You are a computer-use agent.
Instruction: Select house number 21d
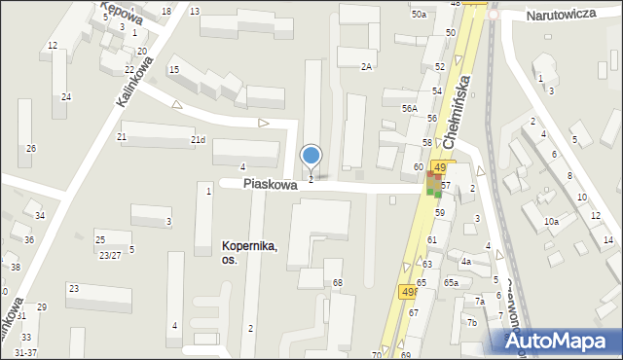point(198,140)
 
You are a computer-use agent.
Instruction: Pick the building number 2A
point(366,66)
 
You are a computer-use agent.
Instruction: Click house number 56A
point(410,109)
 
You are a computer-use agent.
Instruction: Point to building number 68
point(338,283)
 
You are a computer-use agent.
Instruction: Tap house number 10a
point(551,222)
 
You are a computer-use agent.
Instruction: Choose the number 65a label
point(451,282)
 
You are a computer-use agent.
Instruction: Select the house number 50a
point(419,15)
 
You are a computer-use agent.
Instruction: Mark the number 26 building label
point(31,148)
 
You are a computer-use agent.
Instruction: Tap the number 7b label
point(472,323)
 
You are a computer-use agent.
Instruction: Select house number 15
point(174,69)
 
